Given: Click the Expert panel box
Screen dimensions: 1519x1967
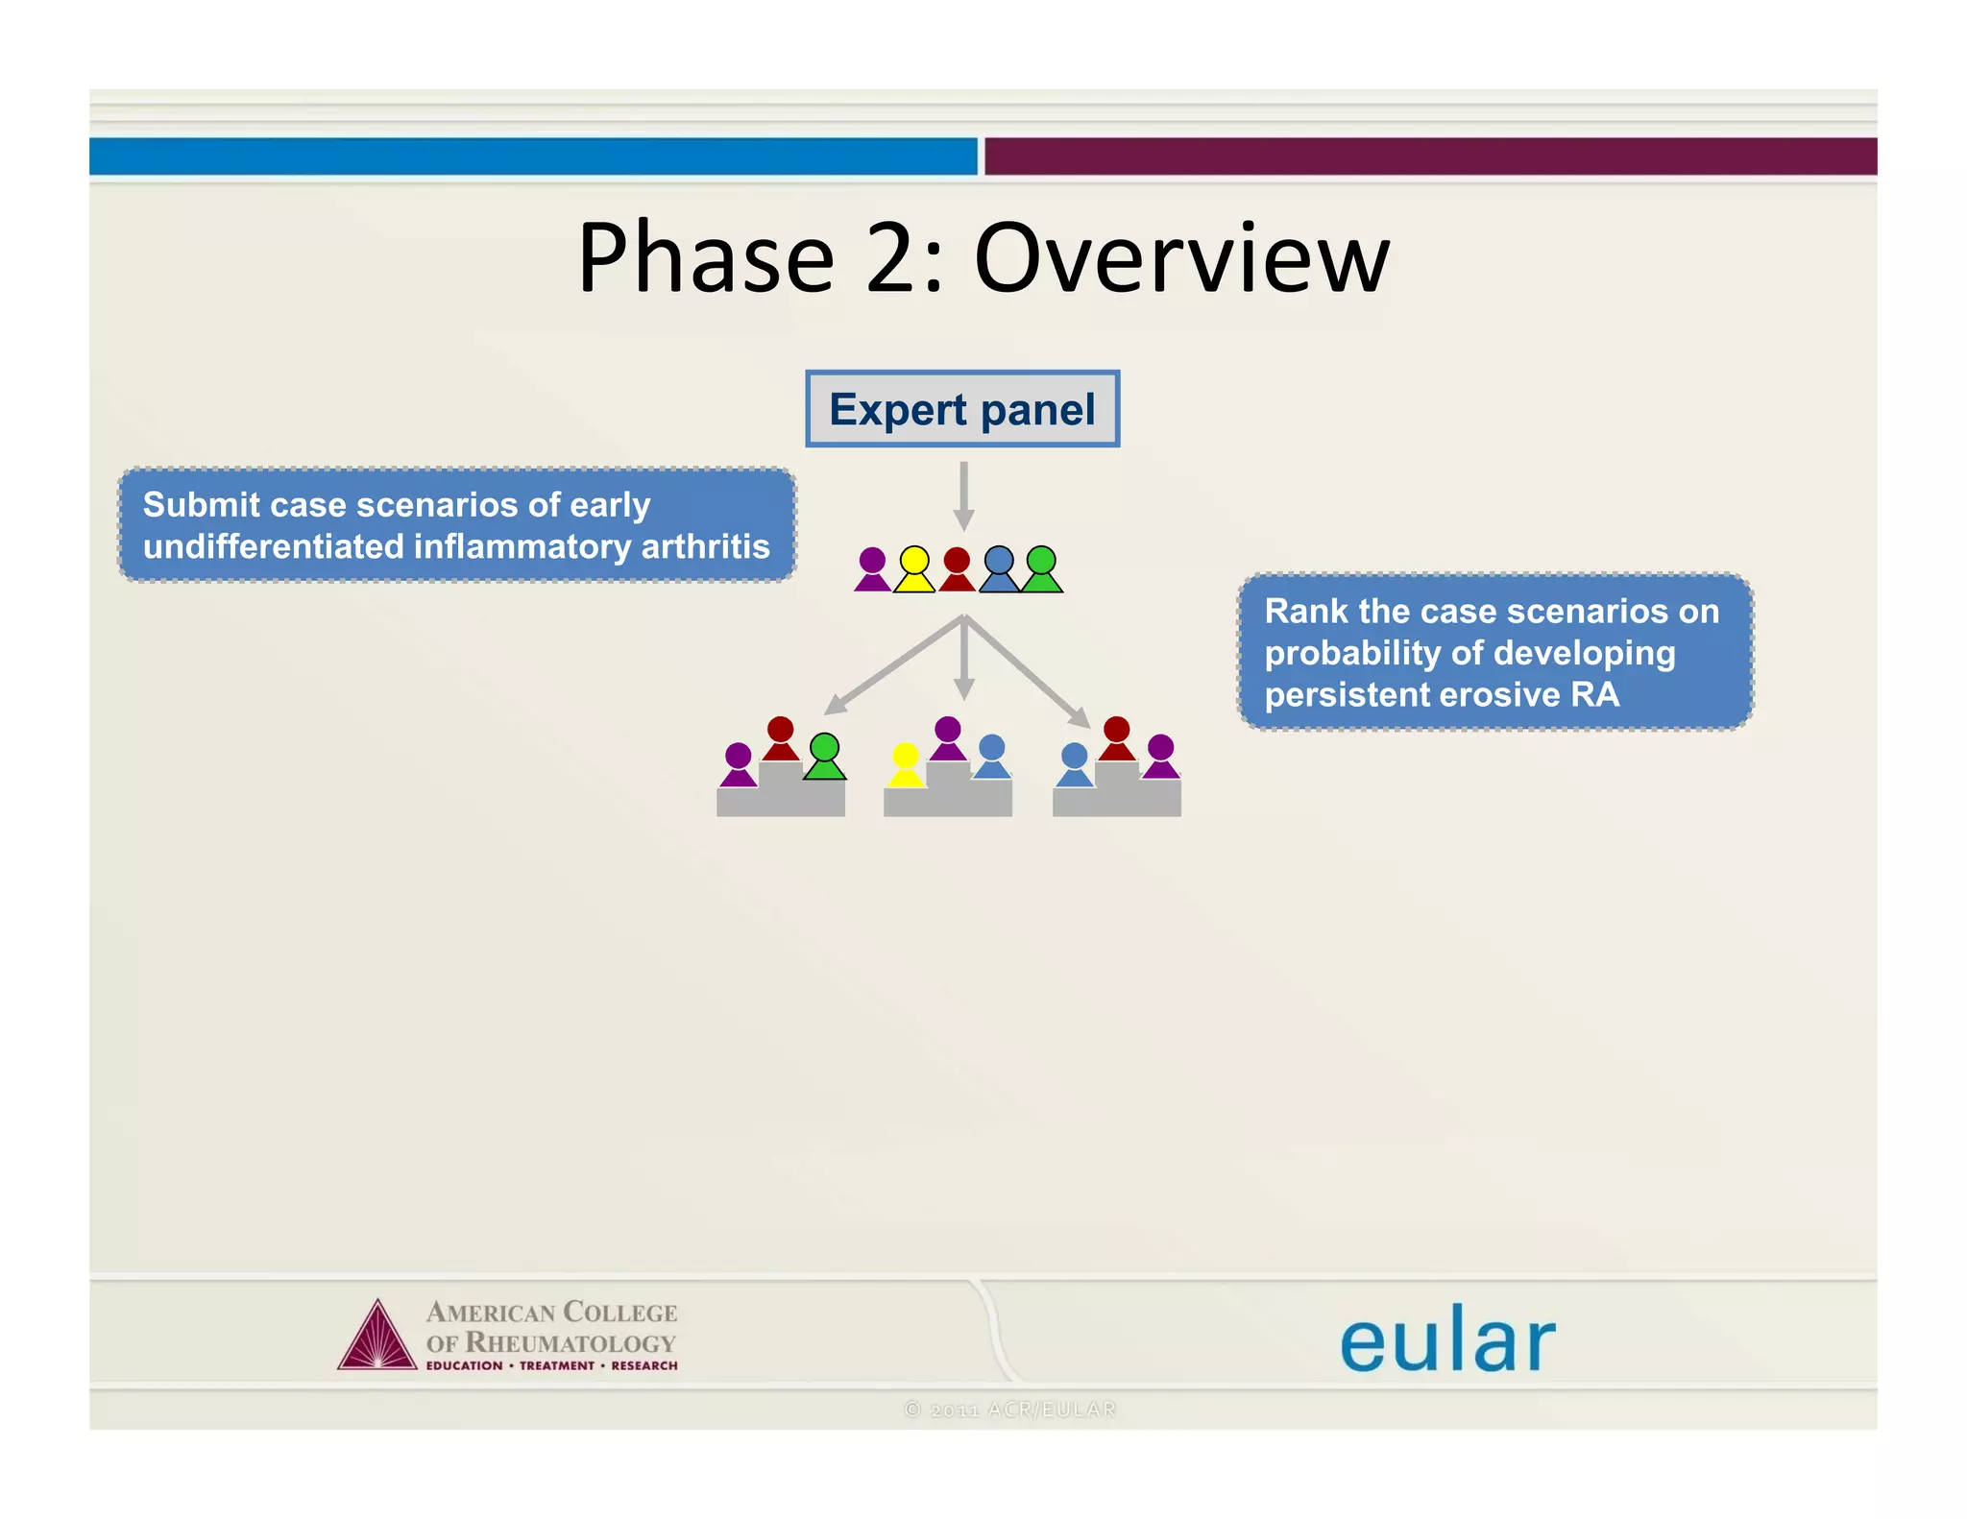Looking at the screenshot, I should point(962,409).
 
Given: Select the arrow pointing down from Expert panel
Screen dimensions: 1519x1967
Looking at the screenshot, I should point(964,495).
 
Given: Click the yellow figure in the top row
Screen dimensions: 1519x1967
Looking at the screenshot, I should point(914,569).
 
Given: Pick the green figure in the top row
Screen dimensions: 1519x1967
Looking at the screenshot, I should point(1041,569).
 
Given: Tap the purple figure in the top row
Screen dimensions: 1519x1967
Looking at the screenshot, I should point(872,569).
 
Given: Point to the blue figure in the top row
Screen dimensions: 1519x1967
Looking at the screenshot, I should point(999,569).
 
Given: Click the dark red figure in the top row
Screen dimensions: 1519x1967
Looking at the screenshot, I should point(957,569).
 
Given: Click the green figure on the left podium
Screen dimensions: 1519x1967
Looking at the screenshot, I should point(824,756).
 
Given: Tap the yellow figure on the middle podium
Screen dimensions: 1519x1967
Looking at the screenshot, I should point(905,765).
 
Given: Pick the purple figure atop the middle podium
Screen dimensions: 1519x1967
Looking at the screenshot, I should point(948,738).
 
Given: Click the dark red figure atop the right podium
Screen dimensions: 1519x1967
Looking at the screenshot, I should point(1116,738).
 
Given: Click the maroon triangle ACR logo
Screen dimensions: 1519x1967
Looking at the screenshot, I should point(377,1338).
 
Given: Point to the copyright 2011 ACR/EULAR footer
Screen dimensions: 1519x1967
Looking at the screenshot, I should point(1010,1409).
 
